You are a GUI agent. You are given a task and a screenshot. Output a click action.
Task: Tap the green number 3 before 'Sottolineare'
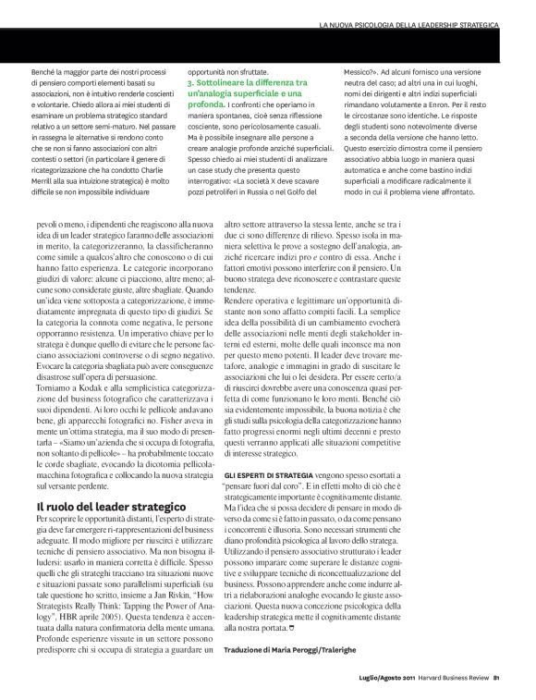point(190,83)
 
